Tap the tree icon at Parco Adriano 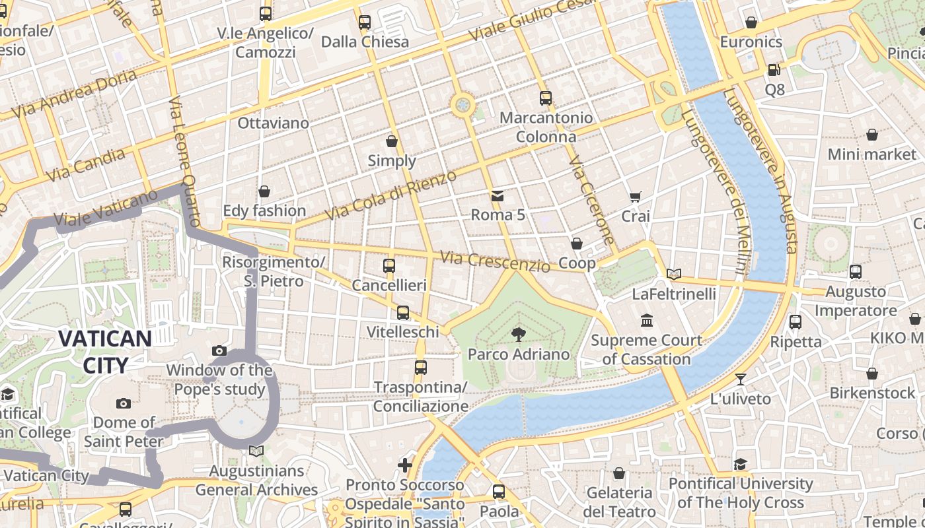pyautogui.click(x=519, y=335)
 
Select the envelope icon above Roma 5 pyautogui.click(x=498, y=195)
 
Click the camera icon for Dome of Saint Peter pyautogui.click(x=123, y=403)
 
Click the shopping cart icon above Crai pyautogui.click(x=635, y=196)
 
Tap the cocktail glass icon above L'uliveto pyautogui.click(x=740, y=379)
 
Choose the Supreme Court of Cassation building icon pyautogui.click(x=647, y=321)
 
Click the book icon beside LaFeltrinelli pyautogui.click(x=674, y=274)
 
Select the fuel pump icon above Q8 pyautogui.click(x=774, y=69)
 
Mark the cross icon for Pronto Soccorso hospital pyautogui.click(x=405, y=465)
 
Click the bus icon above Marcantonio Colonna pyautogui.click(x=545, y=98)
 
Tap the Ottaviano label pyautogui.click(x=273, y=123)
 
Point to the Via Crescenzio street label pyautogui.click(x=495, y=261)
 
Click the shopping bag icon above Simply pyautogui.click(x=392, y=141)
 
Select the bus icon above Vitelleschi pyautogui.click(x=402, y=312)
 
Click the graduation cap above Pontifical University pyautogui.click(x=740, y=464)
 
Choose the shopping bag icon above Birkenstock pyautogui.click(x=872, y=374)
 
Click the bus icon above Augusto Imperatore pyautogui.click(x=856, y=271)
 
